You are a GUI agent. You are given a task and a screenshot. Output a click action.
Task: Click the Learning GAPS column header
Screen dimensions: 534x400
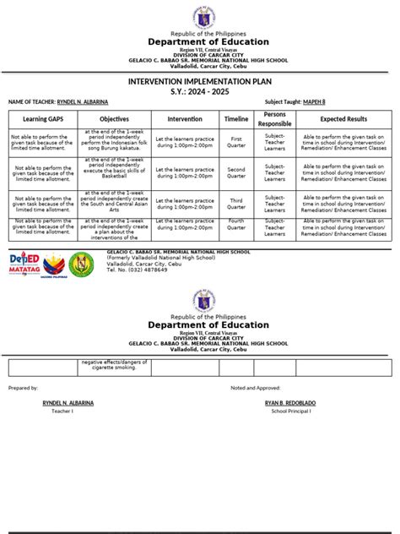(41, 119)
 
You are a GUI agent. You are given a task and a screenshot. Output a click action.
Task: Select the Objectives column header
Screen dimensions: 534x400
(114, 119)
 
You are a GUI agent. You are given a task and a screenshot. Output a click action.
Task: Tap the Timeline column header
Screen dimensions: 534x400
(236, 119)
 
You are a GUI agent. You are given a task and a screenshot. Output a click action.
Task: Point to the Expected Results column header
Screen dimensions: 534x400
(343, 119)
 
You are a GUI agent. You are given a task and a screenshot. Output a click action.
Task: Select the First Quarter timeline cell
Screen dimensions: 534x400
(236, 142)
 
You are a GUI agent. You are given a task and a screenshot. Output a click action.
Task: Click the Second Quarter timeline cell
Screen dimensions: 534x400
(236, 172)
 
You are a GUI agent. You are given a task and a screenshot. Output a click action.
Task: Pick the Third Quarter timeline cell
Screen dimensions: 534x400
(236, 203)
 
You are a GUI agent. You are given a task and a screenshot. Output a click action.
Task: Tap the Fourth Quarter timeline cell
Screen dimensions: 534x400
(236, 228)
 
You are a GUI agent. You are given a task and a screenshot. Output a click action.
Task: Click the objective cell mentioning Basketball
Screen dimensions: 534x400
(114, 172)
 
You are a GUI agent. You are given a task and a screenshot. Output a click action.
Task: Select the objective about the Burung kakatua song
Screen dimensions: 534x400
(114, 142)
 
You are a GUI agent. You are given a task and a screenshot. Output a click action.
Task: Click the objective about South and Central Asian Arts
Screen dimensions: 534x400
(114, 203)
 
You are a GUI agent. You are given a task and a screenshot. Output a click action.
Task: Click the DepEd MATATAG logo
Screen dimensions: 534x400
(24, 263)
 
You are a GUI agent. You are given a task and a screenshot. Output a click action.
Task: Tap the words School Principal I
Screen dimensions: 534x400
(291, 411)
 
